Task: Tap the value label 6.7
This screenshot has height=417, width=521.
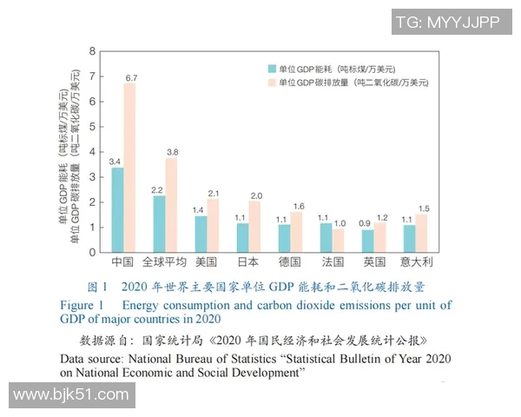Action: (x=131, y=78)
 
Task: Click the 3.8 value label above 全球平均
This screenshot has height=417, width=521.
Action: (x=172, y=152)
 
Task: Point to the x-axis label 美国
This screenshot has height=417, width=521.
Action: (x=206, y=261)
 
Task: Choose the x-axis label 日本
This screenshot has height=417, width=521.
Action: (x=248, y=261)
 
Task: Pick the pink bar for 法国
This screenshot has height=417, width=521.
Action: (x=339, y=240)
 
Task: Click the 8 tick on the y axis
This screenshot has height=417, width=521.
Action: (x=94, y=51)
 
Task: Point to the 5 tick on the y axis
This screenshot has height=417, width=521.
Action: (x=94, y=127)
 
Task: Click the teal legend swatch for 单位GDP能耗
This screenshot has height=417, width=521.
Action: (x=273, y=68)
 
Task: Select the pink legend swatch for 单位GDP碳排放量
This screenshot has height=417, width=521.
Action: (x=273, y=83)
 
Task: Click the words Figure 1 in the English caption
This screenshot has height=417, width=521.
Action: (x=82, y=305)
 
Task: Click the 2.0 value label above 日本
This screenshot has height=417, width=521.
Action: (x=255, y=196)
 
